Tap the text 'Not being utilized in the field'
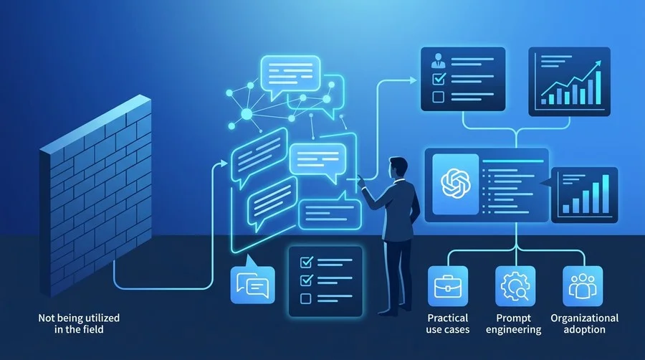pos(79,323)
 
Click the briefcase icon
pos(447,286)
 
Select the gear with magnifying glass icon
pos(515,286)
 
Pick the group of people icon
pos(583,286)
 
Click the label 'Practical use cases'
pos(447,323)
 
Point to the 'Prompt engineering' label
pos(513,323)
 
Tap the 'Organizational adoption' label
pos(585,323)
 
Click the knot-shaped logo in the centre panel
pos(455,184)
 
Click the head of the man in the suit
pos(398,168)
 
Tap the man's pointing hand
pos(361,181)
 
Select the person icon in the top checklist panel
pos(438,60)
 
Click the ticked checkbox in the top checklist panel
pos(439,78)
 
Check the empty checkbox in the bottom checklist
pos(305,298)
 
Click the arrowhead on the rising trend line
pos(597,64)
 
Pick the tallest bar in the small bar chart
pos(606,194)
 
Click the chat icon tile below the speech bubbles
pos(252,284)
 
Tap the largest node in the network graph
pos(247,114)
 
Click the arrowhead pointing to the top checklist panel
pos(414,80)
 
